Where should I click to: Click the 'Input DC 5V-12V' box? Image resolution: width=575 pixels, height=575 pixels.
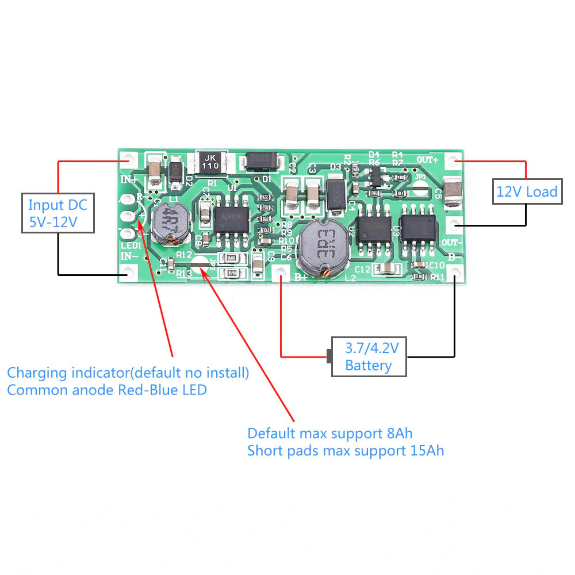[57, 213]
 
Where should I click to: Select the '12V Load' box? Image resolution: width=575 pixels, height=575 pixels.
[527, 191]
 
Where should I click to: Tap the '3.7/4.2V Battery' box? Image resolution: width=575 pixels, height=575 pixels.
[369, 356]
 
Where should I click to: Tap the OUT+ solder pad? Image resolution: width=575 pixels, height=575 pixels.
[454, 159]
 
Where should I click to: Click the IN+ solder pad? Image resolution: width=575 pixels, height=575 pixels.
[128, 159]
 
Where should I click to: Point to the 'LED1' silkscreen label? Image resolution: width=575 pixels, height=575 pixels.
[131, 246]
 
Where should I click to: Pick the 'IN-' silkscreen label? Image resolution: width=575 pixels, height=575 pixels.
[129, 256]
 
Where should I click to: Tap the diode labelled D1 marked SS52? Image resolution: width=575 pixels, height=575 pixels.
[263, 162]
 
